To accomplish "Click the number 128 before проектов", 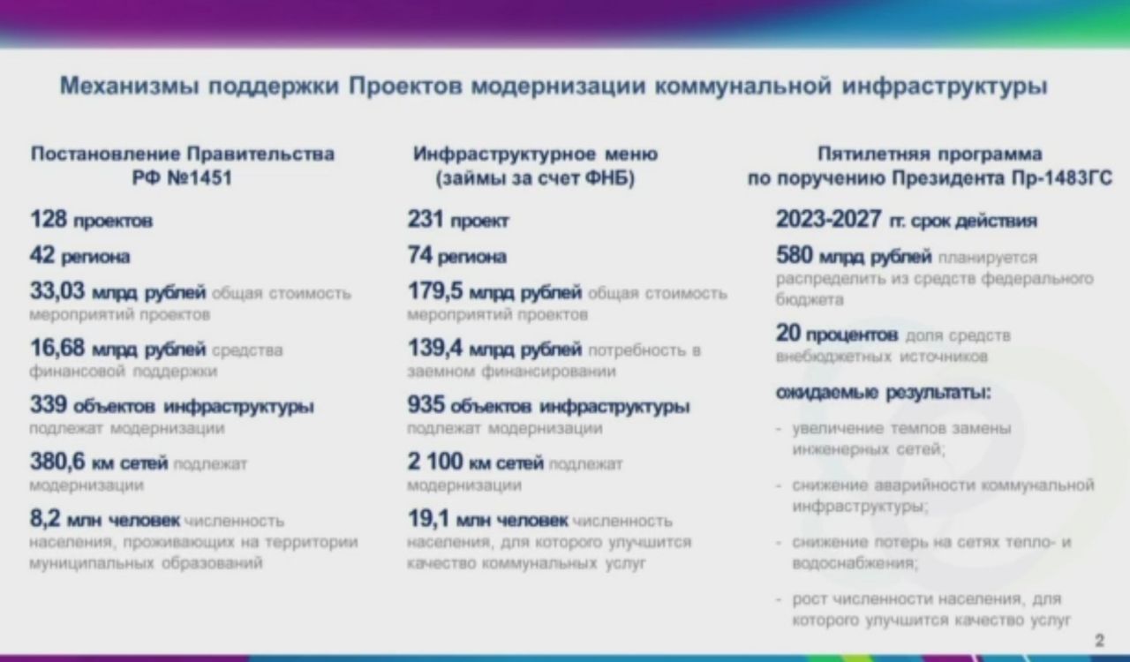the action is coord(49,220).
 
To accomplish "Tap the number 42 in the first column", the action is coord(41,255).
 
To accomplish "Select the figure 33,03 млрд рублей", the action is coord(117,291).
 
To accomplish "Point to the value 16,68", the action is coord(57,348).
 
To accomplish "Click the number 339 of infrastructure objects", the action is coord(49,404).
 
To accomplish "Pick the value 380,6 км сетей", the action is coord(99,462).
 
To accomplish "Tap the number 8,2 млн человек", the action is coord(105,519).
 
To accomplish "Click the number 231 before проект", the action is coord(426,220).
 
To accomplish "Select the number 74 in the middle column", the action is coord(419,255).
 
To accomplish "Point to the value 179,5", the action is coord(435,291).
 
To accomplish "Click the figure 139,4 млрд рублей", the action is coord(494,348).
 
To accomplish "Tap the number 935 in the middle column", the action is coord(426,404).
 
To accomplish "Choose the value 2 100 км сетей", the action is coord(476,462).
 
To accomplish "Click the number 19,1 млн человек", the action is coord(488,519).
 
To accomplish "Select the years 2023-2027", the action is coord(828,220).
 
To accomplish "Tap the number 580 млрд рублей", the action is coord(854,255).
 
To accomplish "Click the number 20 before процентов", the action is coord(788,333).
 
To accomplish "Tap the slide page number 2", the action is coord(1100,640).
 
